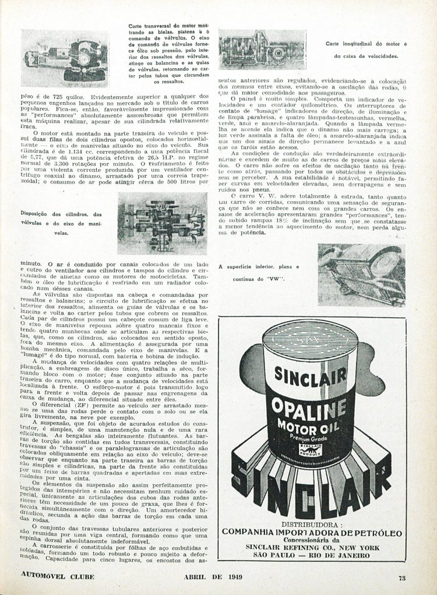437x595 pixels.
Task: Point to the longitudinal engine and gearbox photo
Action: point(263,49)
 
